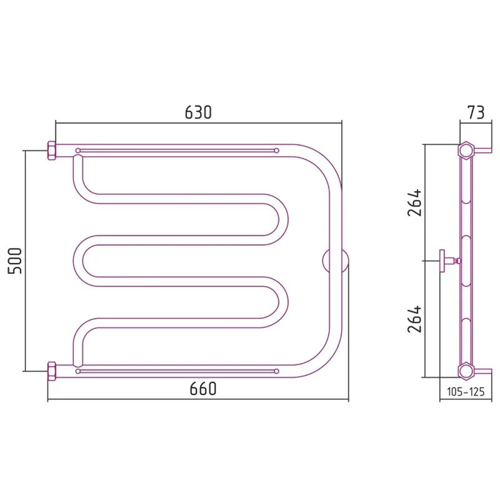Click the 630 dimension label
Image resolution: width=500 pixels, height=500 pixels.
pyautogui.click(x=198, y=112)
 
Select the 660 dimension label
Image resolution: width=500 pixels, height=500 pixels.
pyautogui.click(x=203, y=389)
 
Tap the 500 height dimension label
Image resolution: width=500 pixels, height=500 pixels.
pyautogui.click(x=15, y=261)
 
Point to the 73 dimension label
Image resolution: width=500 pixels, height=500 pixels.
pyautogui.click(x=476, y=112)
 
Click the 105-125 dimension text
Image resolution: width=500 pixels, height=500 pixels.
pyautogui.click(x=466, y=392)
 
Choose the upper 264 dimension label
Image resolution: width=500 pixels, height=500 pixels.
pyautogui.click(x=415, y=203)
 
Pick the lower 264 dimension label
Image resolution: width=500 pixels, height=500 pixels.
pyautogui.click(x=415, y=319)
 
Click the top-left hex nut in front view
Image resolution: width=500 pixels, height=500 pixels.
pyautogui.click(x=52, y=151)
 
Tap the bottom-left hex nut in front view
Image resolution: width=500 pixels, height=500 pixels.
pyautogui.click(x=52, y=371)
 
